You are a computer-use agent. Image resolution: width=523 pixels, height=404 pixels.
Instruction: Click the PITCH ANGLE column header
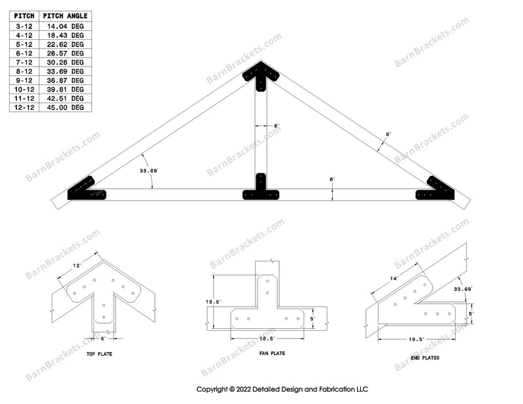pyautogui.click(x=65, y=15)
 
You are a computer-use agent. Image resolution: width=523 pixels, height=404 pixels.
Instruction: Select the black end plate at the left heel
pyautogui.click(x=86, y=190)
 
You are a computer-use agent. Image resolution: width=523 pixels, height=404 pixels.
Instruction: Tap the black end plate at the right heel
pyautogui.click(x=437, y=190)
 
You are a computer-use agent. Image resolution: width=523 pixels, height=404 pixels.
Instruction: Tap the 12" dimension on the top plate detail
pyautogui.click(x=78, y=266)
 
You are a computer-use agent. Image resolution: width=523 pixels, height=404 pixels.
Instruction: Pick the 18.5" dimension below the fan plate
pyautogui.click(x=267, y=339)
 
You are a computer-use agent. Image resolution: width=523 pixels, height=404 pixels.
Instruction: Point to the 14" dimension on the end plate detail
pyautogui.click(x=394, y=278)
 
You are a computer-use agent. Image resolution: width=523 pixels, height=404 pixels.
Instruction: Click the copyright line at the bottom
pyautogui.click(x=283, y=388)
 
